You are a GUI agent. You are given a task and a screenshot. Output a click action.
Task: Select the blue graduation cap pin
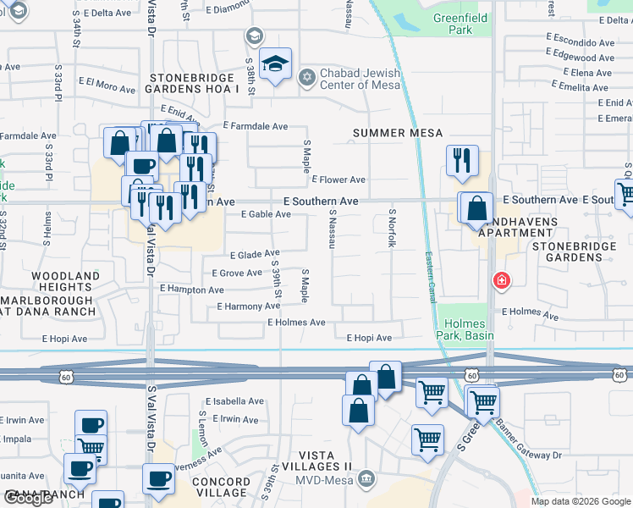[x=275, y=64]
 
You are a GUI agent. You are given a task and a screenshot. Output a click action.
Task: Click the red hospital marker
[x=502, y=280]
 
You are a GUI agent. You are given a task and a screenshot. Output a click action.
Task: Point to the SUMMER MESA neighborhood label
[x=398, y=133]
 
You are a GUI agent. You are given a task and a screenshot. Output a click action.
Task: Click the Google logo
[x=28, y=499]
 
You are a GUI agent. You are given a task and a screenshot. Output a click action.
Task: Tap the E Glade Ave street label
[x=255, y=254]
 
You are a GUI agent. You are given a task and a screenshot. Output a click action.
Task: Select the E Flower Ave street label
[x=339, y=179]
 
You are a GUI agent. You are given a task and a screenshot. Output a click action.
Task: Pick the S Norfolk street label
[x=392, y=229]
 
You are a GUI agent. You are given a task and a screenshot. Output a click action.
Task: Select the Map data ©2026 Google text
[x=581, y=501]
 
